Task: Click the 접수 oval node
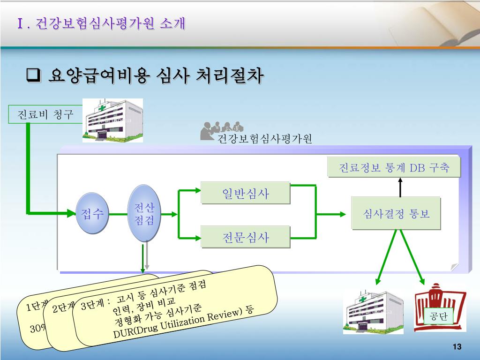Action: coord(92,213)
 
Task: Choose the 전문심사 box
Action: coord(245,237)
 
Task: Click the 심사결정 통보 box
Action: coord(396,214)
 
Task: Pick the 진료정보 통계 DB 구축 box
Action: coord(394,168)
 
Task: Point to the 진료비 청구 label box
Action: coord(45,114)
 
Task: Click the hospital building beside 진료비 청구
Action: coord(112,120)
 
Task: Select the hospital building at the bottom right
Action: coord(373,312)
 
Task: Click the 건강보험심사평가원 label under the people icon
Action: coord(264,139)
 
